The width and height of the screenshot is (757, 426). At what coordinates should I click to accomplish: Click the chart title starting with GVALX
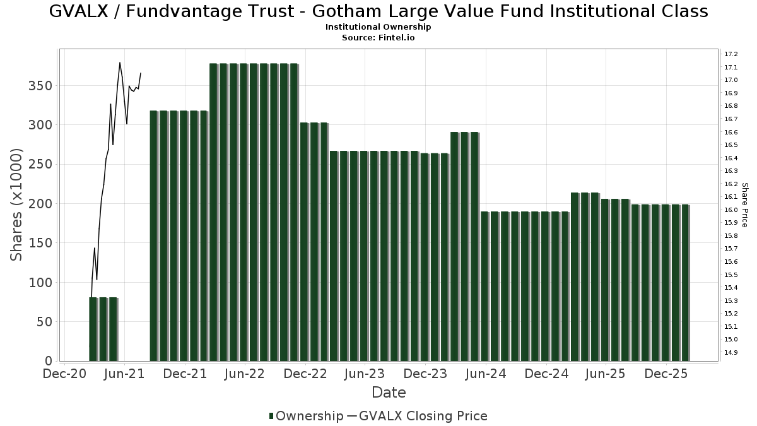pos(378,11)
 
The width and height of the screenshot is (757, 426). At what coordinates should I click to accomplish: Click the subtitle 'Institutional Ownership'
pos(378,27)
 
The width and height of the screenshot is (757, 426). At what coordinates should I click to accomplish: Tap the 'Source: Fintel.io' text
pos(378,37)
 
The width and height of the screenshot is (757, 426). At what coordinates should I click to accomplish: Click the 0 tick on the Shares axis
pos(49,361)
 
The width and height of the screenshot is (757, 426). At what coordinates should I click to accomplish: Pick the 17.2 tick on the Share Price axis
pos(731,54)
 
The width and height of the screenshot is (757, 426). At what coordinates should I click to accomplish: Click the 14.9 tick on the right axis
pos(731,352)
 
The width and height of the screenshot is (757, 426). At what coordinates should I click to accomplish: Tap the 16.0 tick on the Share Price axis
pos(731,210)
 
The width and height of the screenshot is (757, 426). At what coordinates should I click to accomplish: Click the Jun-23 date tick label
pos(365,374)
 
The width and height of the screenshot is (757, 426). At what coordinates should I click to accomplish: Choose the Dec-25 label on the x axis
pos(666,374)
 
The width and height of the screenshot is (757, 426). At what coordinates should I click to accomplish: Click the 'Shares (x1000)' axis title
pos(17,204)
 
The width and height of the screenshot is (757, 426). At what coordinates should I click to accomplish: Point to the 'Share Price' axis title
pos(744,204)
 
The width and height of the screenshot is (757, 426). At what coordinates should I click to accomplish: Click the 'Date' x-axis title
pos(389,393)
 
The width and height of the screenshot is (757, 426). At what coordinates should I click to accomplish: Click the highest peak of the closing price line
pos(120,62)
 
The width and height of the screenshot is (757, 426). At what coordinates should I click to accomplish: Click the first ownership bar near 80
pos(93,329)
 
